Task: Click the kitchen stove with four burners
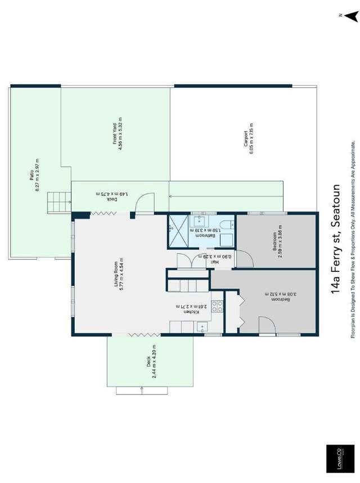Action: [x=217, y=307]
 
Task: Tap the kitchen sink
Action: [x=201, y=327]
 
